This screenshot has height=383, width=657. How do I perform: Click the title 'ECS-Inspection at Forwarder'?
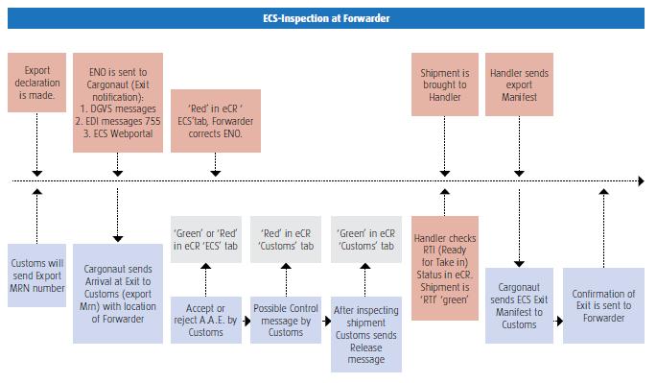pyautogui.click(x=327, y=18)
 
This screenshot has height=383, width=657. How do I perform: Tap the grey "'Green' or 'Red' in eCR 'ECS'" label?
pyautogui.click(x=204, y=238)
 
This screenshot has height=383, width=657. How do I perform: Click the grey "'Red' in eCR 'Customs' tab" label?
pyautogui.click(x=285, y=238)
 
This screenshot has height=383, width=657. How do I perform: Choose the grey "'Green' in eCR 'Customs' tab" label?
pyautogui.click(x=366, y=238)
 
